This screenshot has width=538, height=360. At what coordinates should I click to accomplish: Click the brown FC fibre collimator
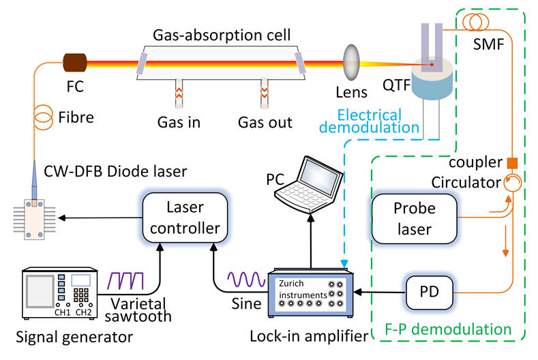tap(74, 63)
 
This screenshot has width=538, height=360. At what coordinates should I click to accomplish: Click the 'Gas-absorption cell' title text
tap(222, 35)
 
